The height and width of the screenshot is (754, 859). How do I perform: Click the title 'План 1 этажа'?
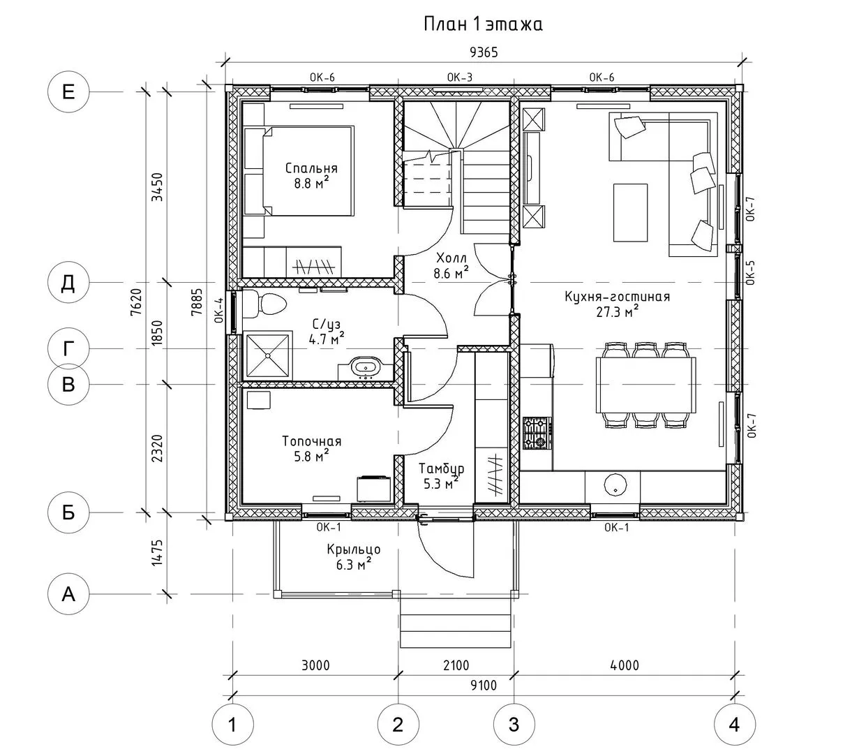(483, 25)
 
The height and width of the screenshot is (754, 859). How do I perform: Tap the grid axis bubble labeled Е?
(68, 91)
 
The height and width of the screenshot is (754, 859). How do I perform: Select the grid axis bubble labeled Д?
(68, 283)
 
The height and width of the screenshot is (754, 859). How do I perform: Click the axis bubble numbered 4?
(733, 725)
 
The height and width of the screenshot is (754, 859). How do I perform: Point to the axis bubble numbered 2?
(398, 725)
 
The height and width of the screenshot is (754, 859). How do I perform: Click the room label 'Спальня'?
(311, 168)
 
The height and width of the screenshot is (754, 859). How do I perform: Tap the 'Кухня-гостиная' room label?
(617, 297)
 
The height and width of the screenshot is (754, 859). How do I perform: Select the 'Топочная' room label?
(311, 441)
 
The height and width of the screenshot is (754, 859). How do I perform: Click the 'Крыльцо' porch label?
(353, 549)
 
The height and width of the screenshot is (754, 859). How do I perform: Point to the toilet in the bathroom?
(271, 304)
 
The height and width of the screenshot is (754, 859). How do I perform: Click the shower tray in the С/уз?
(267, 355)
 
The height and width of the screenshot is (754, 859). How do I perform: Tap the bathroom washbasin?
(364, 366)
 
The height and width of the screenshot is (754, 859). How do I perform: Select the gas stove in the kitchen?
(537, 433)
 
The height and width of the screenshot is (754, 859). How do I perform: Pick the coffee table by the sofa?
(630, 212)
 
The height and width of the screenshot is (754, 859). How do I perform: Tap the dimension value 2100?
(456, 665)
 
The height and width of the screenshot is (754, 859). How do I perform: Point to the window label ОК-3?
(460, 77)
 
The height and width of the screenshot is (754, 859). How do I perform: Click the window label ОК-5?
(750, 273)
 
